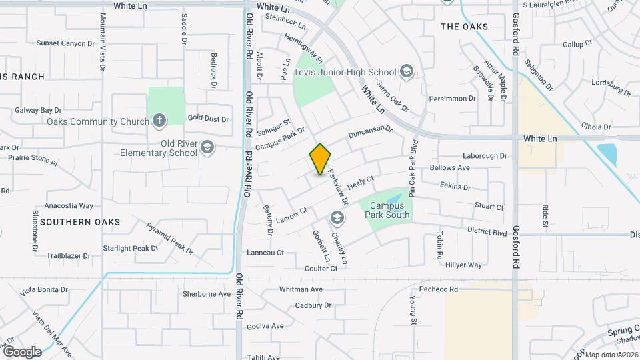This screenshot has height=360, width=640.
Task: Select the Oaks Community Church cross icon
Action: click(159, 121)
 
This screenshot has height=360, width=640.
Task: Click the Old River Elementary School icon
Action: click(207, 147)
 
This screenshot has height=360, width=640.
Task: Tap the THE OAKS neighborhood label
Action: click(464, 27)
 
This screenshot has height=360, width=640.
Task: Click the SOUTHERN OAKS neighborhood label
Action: click(80, 221)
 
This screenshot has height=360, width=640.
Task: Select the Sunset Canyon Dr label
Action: click(66, 43)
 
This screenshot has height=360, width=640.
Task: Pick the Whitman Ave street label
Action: click(301, 289)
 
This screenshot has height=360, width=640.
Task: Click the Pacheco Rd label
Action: click(439, 289)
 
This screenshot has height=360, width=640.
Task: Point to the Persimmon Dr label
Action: click(453, 99)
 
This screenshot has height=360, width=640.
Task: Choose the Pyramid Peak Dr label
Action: click(169, 239)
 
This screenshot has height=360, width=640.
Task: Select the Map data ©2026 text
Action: click(611, 355)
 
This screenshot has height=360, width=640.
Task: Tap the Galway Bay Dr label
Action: click(39, 110)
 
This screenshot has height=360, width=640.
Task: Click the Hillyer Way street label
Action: click(463, 265)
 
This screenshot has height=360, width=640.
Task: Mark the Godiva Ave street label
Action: click(265, 326)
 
